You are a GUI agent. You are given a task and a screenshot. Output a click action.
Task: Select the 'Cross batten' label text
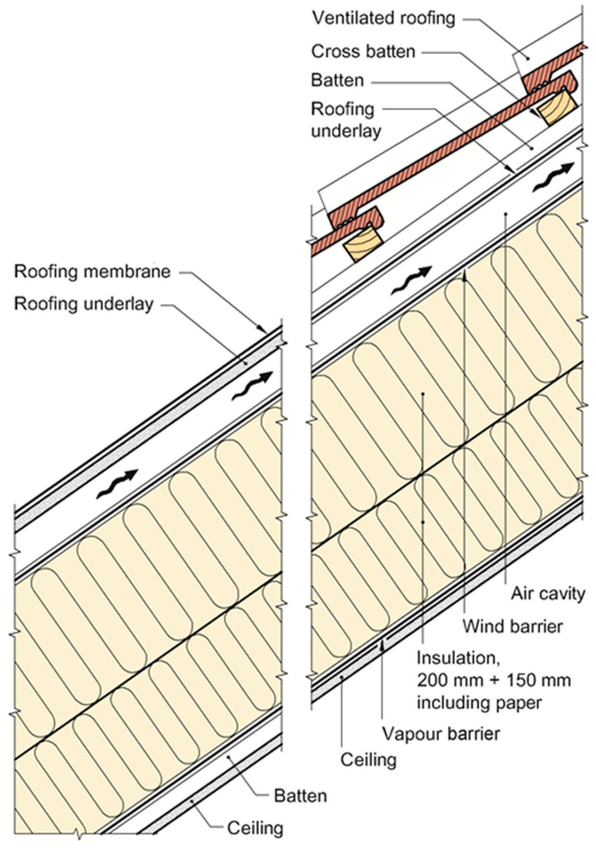coord(363,51)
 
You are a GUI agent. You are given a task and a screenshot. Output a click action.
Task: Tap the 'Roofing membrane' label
coord(92,272)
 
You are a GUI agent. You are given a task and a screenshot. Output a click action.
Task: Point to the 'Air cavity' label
coord(548,594)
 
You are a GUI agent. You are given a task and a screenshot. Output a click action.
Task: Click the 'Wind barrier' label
coord(512,627)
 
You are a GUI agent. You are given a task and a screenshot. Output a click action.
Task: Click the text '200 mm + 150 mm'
coord(494,680)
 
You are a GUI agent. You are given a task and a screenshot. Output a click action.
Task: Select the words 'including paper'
coord(479,703)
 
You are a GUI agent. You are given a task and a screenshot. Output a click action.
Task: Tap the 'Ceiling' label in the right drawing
coord(368,760)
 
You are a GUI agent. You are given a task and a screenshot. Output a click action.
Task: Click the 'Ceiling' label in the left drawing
coord(255,828)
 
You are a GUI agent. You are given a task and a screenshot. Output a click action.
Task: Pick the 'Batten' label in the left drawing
coord(300,796)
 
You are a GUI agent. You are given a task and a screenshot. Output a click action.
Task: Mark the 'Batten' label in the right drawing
coord(337,80)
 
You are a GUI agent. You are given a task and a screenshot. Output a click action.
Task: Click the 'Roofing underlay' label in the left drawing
coord(84,304)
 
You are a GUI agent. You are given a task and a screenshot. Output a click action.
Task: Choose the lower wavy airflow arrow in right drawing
coord(410,280)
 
